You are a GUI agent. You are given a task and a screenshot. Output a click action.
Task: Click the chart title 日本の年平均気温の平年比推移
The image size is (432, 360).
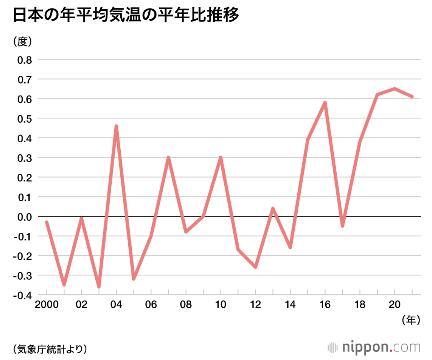(126, 15)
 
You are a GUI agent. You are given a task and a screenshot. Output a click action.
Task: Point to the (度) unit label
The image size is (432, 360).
(23, 42)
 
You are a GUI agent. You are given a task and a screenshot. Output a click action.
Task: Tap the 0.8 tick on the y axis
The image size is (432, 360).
(25, 60)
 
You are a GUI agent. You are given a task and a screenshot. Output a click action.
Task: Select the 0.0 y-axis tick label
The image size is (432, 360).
(25, 217)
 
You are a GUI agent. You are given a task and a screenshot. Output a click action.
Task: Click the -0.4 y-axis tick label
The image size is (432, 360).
(23, 295)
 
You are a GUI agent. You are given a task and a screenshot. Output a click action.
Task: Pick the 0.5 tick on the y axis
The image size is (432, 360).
(25, 118)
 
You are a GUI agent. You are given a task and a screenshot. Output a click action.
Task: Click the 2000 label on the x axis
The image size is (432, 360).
(47, 305)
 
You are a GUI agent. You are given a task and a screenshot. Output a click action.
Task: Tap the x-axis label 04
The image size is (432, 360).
(116, 305)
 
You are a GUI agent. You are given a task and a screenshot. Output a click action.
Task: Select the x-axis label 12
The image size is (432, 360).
(255, 305)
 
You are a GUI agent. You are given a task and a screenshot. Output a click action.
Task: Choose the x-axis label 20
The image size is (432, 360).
(394, 305)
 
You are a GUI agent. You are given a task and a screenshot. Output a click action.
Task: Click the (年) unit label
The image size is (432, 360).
(411, 320)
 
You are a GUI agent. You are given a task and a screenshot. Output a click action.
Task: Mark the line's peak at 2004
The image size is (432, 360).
(116, 126)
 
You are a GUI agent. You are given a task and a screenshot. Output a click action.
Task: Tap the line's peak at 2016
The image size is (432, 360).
(325, 103)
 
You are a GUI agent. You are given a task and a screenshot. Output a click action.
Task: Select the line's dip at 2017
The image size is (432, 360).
(342, 226)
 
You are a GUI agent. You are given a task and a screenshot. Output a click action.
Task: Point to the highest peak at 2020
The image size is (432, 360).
(394, 89)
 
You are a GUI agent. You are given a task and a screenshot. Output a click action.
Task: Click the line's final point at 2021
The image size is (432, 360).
(412, 96)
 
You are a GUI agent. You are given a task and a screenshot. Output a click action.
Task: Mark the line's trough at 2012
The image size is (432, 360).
(255, 267)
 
